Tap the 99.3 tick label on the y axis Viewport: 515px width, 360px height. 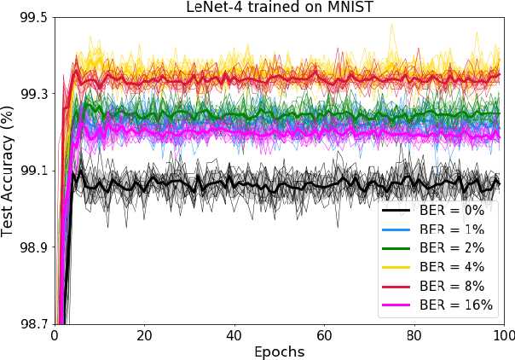tap(32, 93)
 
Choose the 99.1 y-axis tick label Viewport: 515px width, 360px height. tap(32, 171)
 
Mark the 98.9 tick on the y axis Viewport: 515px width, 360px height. tap(32, 247)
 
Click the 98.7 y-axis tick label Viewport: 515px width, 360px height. tap(32, 324)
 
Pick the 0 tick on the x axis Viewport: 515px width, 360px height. tap(54, 335)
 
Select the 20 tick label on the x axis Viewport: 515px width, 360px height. tap(143, 335)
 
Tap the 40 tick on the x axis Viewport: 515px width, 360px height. tap(234, 335)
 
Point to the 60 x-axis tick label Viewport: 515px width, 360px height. tap(324, 335)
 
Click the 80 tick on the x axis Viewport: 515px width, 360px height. tap(414, 335)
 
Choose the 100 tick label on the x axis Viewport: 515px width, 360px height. tap(503, 335)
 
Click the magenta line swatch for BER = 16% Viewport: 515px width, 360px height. tap(401, 305)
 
